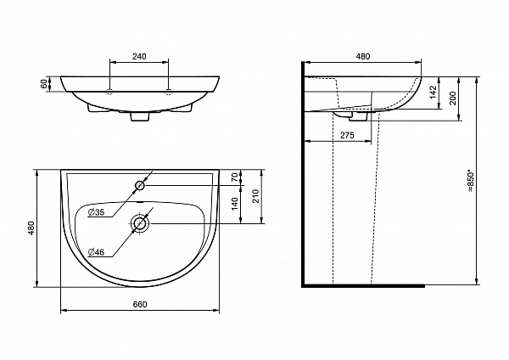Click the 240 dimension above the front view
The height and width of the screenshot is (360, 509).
[139, 56]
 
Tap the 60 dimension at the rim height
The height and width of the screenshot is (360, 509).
[44, 84]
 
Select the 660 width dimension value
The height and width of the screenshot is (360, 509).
[140, 305]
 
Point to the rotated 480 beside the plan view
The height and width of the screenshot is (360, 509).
[31, 228]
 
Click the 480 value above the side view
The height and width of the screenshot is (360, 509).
[363, 56]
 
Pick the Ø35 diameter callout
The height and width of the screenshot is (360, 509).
[96, 212]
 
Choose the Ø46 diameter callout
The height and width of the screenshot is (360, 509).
[96, 252]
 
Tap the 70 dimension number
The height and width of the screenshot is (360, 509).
[235, 177]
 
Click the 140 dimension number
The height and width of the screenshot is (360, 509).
[235, 204]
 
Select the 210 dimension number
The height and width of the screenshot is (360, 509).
[256, 196]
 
